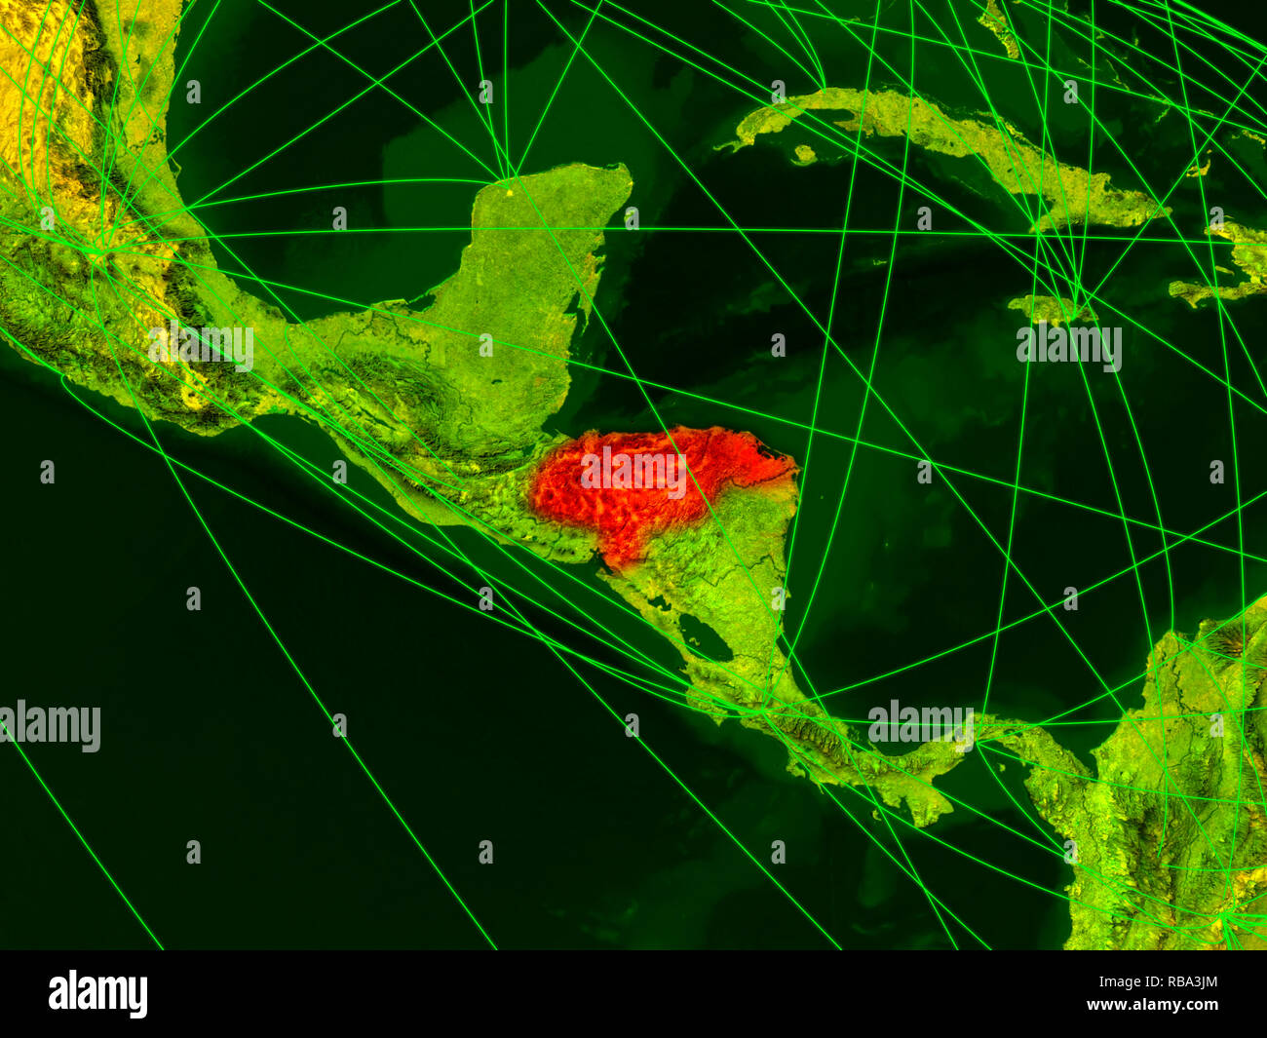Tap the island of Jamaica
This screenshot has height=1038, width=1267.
click(1048, 310)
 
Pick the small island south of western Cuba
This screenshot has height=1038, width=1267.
click(804, 154)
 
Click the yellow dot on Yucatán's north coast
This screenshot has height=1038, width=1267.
click(508, 180)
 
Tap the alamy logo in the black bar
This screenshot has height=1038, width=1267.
click(98, 994)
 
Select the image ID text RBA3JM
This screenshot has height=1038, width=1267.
click(1171, 981)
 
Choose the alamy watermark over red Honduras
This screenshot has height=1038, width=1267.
click(633, 472)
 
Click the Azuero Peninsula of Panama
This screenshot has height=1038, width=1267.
click(926, 804)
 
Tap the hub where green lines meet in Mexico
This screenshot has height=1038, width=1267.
click(97, 251)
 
